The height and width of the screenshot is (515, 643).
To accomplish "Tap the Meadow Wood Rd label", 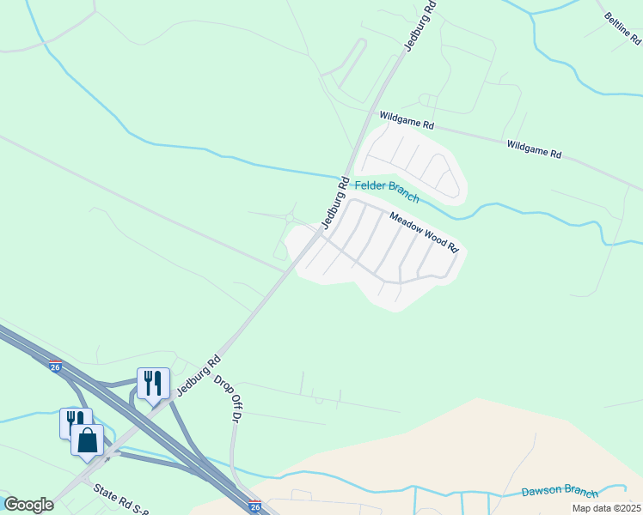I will (425, 232).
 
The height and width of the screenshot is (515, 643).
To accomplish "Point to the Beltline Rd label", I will (622, 28).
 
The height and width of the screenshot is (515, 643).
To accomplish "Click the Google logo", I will (28, 505).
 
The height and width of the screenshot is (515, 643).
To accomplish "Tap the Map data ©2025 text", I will (604, 508).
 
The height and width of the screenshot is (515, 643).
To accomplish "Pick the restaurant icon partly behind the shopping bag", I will (74, 421).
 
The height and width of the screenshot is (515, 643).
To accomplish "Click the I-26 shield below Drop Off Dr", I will (254, 506).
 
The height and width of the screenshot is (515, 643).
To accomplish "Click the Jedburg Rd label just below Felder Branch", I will (334, 203).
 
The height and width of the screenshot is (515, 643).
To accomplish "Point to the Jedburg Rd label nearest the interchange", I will (199, 375).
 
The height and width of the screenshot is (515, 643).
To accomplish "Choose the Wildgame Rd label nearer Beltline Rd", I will (534, 149).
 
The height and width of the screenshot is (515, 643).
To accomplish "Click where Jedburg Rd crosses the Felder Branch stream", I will (345, 171).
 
